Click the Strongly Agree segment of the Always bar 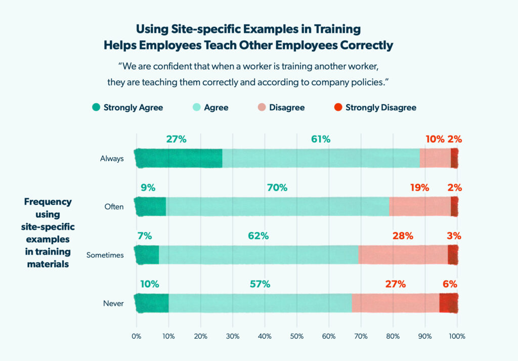179,158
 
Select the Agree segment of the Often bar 277,207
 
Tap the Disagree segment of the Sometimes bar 403,255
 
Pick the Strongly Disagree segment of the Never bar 449,303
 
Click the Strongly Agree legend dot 96,107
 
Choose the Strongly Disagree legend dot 338,107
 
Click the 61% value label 321,139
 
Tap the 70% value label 277,188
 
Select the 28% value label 403,236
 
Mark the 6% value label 450,284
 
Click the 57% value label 260,284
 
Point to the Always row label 112,159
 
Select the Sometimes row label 105,255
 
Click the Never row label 114,304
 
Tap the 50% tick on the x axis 296,336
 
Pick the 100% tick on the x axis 457,336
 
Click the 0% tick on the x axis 136,336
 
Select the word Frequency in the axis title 48,202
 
